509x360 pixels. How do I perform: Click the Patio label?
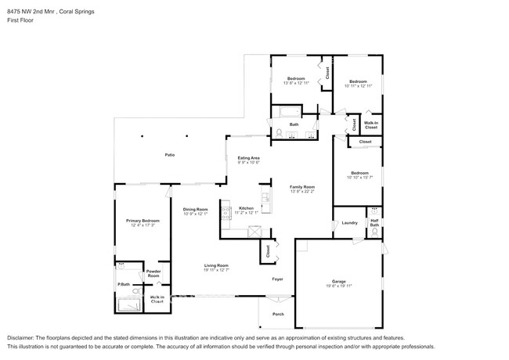click(x=169, y=155)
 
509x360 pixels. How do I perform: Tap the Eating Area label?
click(x=249, y=158)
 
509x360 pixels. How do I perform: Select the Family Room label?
click(x=302, y=187)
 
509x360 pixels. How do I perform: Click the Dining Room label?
click(x=195, y=209)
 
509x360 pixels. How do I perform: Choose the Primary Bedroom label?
click(x=142, y=221)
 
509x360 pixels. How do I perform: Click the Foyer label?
click(x=277, y=278)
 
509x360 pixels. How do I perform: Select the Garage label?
click(x=339, y=283)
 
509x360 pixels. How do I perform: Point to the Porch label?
click(x=278, y=314)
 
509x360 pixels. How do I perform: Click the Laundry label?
click(x=349, y=223)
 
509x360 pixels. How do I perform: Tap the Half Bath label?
click(x=374, y=223)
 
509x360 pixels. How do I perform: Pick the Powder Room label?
click(x=153, y=274)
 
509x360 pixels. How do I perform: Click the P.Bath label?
click(x=123, y=284)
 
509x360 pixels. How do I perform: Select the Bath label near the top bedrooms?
click(x=294, y=124)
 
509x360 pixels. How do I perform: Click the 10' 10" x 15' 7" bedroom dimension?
click(x=359, y=178)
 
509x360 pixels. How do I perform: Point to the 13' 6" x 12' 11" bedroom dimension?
click(x=295, y=82)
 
